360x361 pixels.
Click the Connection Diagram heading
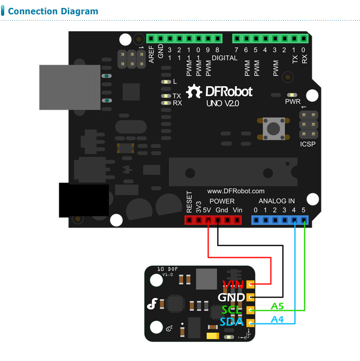[53, 11]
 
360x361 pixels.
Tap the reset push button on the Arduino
[274, 128]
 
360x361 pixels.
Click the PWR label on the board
[293, 101]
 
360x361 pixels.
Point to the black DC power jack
[84, 200]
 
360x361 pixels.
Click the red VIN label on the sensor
[233, 285]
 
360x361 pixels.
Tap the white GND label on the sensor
[232, 297]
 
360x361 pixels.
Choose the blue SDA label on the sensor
[232, 322]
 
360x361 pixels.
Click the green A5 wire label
[277, 306]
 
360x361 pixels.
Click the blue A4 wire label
[277, 319]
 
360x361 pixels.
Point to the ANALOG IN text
[276, 201]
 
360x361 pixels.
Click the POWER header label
[222, 201]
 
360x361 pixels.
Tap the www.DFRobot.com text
[236, 191]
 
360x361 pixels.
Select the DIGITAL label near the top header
[224, 58]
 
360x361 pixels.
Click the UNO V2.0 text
[222, 104]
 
